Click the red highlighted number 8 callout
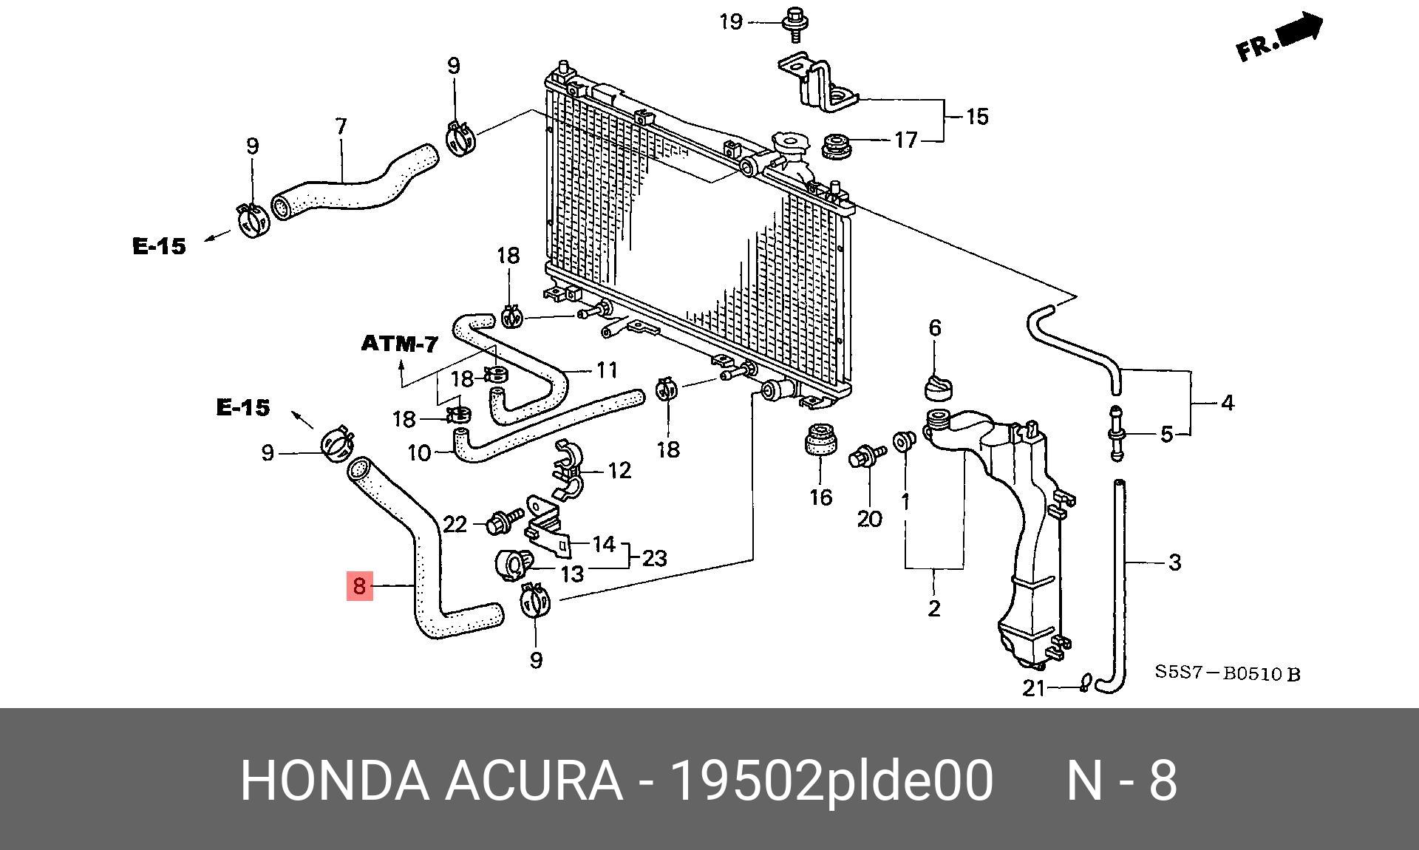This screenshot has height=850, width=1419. click(x=360, y=585)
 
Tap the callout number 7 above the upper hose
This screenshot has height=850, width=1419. click(x=341, y=126)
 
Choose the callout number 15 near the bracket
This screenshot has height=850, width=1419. click(x=977, y=116)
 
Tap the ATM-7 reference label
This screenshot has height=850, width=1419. click(x=400, y=344)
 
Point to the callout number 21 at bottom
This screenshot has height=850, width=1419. click(x=1034, y=688)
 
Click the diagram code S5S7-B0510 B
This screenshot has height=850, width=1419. click(x=1228, y=673)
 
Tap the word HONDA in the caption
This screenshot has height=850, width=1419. click(x=334, y=780)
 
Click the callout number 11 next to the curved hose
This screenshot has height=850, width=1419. click(x=607, y=370)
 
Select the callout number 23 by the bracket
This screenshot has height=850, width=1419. click(x=655, y=558)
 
